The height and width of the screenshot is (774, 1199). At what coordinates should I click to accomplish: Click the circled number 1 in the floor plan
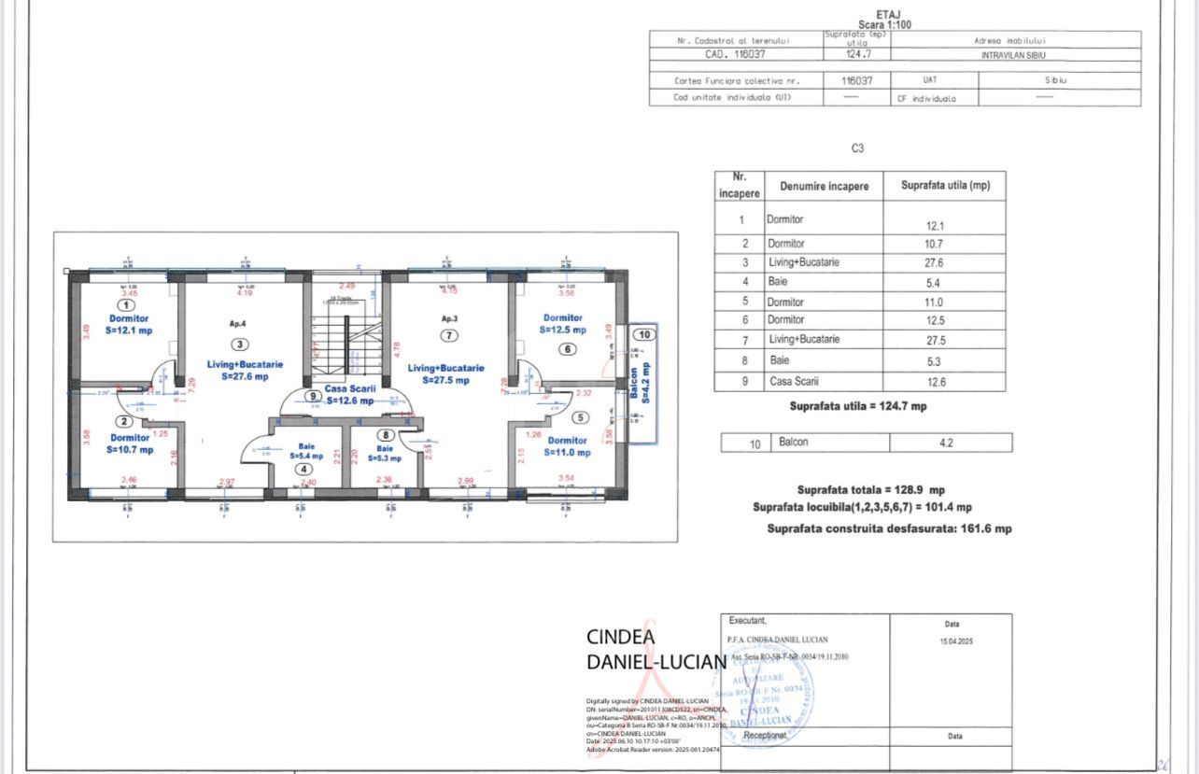pos(126,304)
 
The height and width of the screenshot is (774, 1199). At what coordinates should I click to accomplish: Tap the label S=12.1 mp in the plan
pos(129,331)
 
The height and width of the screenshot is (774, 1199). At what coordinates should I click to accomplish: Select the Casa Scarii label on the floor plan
pos(349,388)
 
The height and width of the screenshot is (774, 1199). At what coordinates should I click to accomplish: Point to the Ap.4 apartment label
pos(238,323)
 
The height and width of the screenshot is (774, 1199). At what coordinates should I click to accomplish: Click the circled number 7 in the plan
pos(450,335)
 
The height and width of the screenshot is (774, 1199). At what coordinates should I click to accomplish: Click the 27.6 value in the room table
pos(934,263)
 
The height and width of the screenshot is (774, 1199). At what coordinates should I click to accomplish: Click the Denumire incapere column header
pos(824,186)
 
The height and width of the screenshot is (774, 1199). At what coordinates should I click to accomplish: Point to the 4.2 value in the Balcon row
pos(947,443)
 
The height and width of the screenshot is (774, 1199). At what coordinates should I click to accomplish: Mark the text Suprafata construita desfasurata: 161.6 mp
pos(889,528)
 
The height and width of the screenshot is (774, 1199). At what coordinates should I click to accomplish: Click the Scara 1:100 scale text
pos(885,24)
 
